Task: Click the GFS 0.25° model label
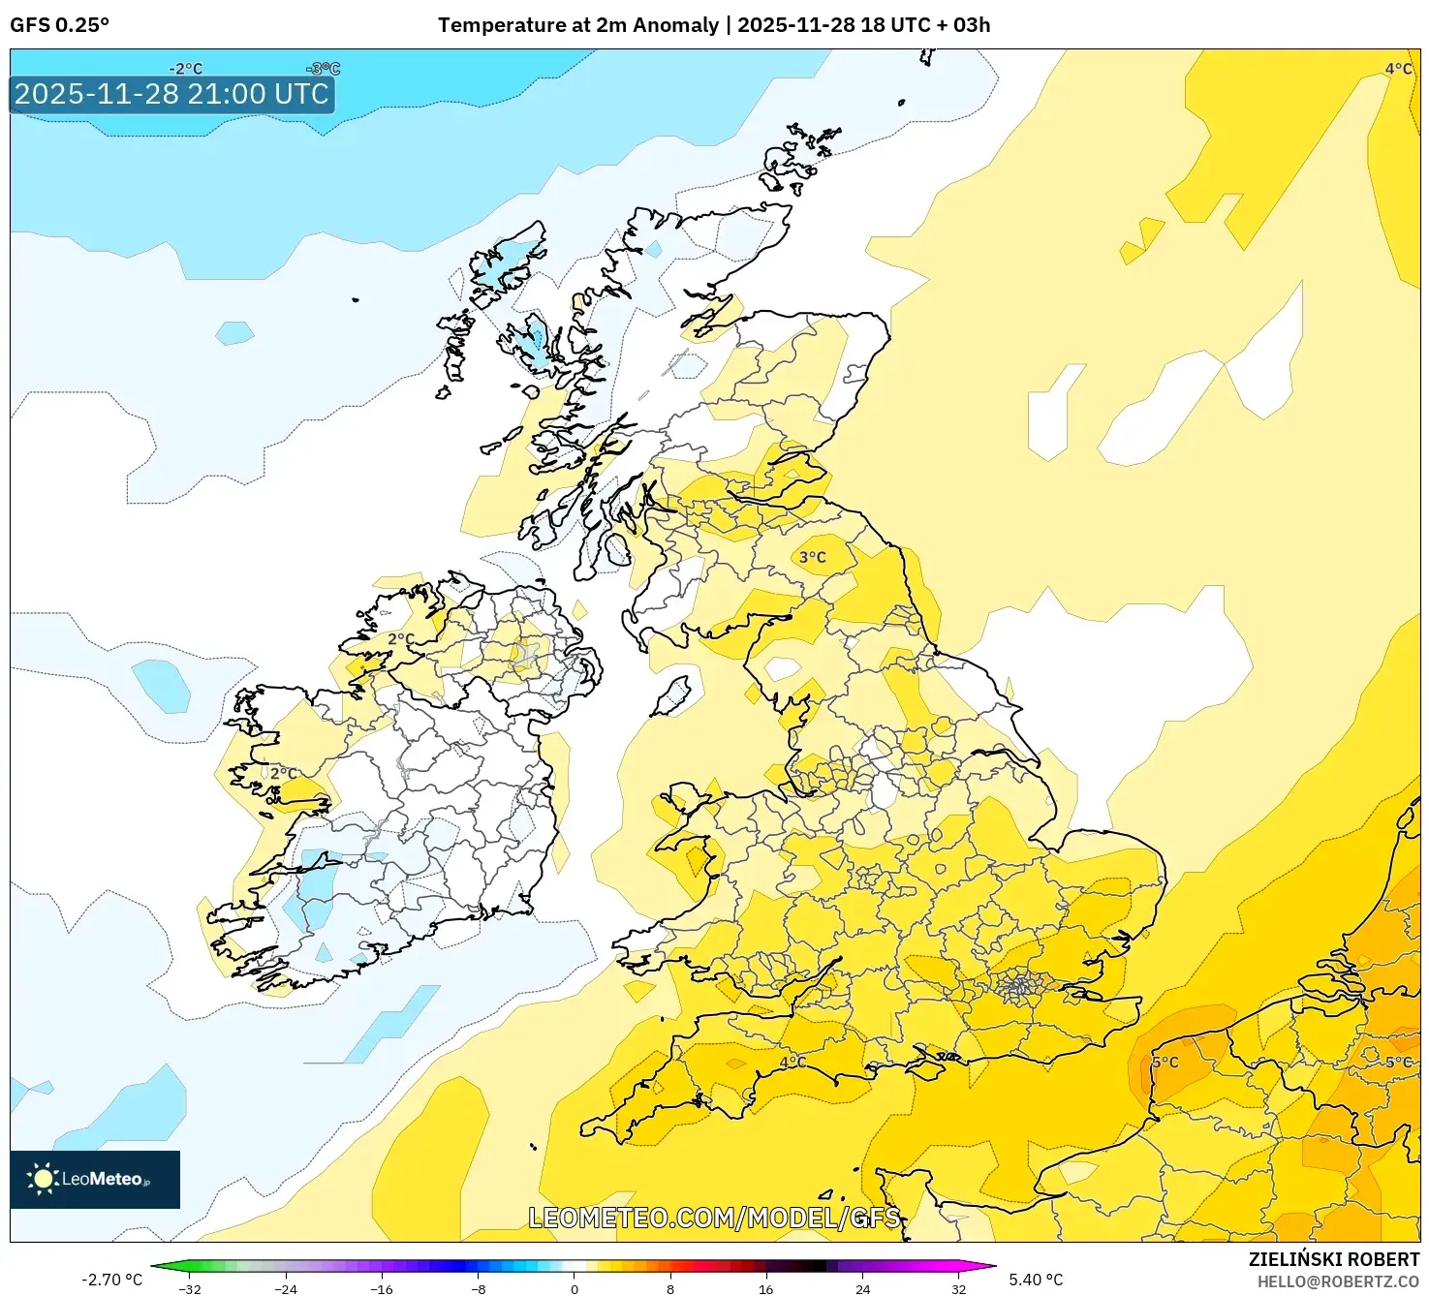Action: point(59,25)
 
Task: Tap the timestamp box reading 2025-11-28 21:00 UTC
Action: point(172,94)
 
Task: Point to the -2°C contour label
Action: point(185,69)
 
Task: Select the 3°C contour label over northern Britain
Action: point(812,557)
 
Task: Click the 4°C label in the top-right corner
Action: point(1397,69)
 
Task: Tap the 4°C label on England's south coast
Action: point(792,1062)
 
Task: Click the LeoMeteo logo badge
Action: point(95,1179)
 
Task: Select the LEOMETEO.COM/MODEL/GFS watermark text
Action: point(714,1218)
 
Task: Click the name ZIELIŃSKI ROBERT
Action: point(1333,1259)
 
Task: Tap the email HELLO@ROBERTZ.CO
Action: point(1337,1281)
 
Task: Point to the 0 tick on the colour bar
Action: point(575,1288)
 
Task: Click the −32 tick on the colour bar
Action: point(190,1288)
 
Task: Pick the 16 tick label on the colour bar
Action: point(765,1288)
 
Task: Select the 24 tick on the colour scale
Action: point(862,1288)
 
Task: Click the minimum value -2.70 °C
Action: point(111,1280)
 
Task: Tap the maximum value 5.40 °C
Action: point(1036,1280)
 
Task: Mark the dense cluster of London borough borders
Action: point(1018,987)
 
